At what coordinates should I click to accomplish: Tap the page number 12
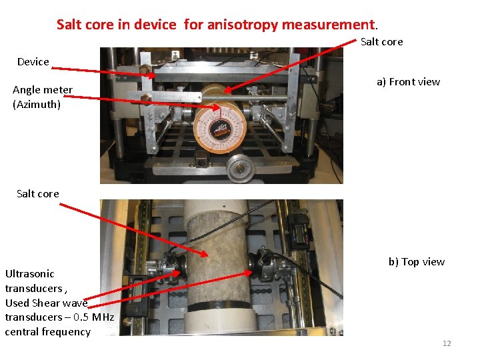[447, 343]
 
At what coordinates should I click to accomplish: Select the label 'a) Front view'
[409, 82]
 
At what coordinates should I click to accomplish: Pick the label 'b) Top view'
[417, 262]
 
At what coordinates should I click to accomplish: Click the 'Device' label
[33, 62]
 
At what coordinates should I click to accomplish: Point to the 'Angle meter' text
[43, 90]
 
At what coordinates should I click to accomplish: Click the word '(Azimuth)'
[37, 105]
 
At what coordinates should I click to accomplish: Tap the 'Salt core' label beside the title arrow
[382, 41]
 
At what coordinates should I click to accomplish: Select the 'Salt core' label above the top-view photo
[37, 194]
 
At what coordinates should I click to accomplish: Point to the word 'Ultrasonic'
[30, 274]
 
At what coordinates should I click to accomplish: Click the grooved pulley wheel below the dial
[240, 168]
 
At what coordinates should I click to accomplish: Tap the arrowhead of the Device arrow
[151, 75]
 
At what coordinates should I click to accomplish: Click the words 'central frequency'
[48, 332]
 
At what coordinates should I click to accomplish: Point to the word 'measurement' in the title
[328, 25]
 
